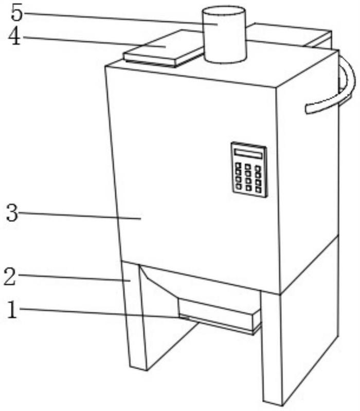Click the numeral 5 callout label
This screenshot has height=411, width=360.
(x=17, y=13)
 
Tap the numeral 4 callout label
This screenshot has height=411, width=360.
(x=14, y=36)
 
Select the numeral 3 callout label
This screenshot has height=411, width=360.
(x=12, y=213)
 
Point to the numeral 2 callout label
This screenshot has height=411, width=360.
(x=10, y=277)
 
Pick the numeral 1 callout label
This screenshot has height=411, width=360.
(x=12, y=310)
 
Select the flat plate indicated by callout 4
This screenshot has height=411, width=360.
(x=164, y=48)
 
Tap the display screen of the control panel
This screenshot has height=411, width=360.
(x=248, y=154)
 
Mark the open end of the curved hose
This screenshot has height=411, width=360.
(x=307, y=109)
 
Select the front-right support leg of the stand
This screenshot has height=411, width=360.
(x=273, y=349)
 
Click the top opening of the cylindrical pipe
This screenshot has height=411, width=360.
(x=224, y=12)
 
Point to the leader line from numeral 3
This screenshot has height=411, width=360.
(x=80, y=215)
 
